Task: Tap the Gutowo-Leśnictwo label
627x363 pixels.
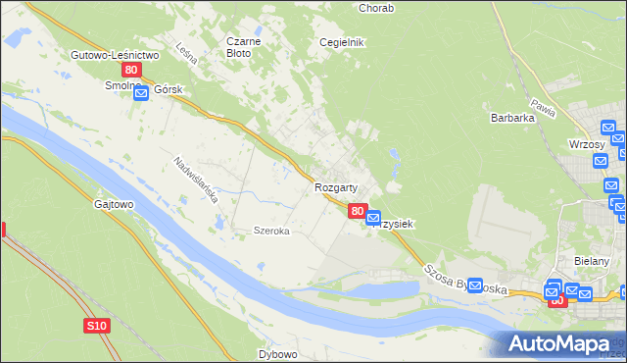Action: point(115,56)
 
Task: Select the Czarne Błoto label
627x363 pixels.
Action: point(242,47)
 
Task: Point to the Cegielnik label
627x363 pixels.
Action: point(342,42)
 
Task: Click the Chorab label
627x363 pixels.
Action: point(376,8)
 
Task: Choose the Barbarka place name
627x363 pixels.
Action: point(511,118)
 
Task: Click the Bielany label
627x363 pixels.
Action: point(592,261)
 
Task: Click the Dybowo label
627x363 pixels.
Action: point(277,353)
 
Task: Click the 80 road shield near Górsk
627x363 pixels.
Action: point(132,72)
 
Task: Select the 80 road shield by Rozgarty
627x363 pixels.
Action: point(358,210)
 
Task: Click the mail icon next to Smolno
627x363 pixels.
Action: point(140,92)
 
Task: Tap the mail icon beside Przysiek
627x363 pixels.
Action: point(373,218)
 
